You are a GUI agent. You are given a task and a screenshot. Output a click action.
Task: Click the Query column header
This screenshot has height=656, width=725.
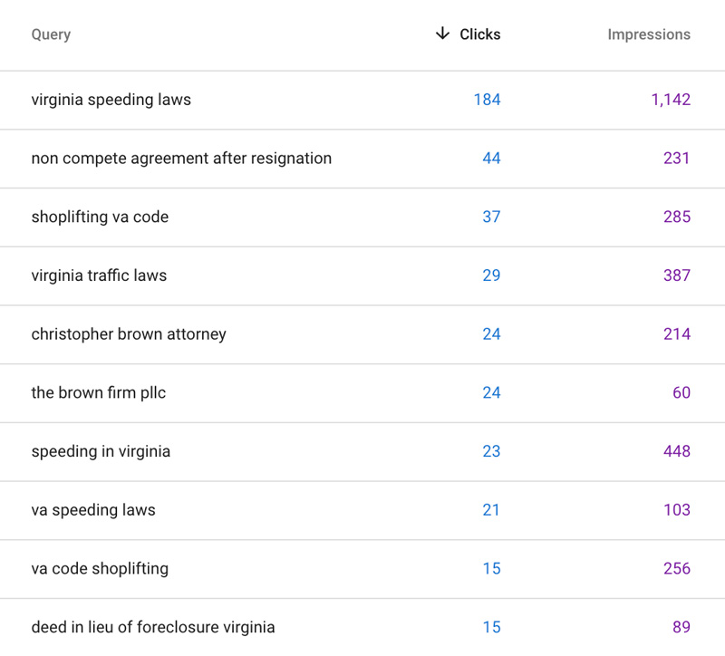click(51, 34)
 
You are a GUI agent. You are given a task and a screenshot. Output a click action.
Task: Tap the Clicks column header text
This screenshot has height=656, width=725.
click(479, 34)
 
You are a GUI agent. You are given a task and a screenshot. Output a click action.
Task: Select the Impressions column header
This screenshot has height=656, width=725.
click(648, 34)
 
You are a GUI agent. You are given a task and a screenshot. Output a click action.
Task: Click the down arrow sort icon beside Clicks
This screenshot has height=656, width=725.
click(442, 34)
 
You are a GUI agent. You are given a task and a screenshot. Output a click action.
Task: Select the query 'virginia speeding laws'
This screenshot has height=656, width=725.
click(111, 100)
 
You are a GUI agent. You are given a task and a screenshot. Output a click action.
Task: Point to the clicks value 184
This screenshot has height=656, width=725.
click(487, 100)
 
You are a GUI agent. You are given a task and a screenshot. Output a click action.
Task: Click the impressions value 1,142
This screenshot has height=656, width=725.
click(670, 100)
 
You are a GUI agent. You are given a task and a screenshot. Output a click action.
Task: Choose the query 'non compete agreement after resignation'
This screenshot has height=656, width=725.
click(181, 159)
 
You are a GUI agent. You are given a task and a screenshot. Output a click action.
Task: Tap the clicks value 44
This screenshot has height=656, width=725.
click(491, 159)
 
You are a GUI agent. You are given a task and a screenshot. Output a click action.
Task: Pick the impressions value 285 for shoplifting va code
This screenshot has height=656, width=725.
click(676, 217)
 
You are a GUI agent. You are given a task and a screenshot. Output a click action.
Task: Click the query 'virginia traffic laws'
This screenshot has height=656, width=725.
click(99, 275)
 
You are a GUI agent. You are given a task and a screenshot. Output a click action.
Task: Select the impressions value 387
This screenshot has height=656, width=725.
click(676, 275)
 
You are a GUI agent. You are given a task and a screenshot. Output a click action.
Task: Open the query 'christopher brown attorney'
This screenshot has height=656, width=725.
click(129, 334)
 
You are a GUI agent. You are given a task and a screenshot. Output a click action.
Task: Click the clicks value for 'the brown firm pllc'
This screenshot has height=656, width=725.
click(491, 392)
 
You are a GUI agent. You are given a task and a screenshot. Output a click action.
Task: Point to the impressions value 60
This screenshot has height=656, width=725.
click(681, 392)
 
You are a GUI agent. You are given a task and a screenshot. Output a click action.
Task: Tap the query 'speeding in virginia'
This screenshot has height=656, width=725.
click(101, 451)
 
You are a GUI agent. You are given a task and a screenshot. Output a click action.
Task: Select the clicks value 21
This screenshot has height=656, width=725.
click(491, 510)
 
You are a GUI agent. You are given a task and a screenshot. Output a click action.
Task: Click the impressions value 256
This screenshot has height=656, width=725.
click(676, 568)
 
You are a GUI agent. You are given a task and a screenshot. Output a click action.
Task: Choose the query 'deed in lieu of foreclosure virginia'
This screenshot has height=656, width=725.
click(152, 627)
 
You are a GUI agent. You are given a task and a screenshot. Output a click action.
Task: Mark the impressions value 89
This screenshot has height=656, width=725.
click(681, 627)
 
